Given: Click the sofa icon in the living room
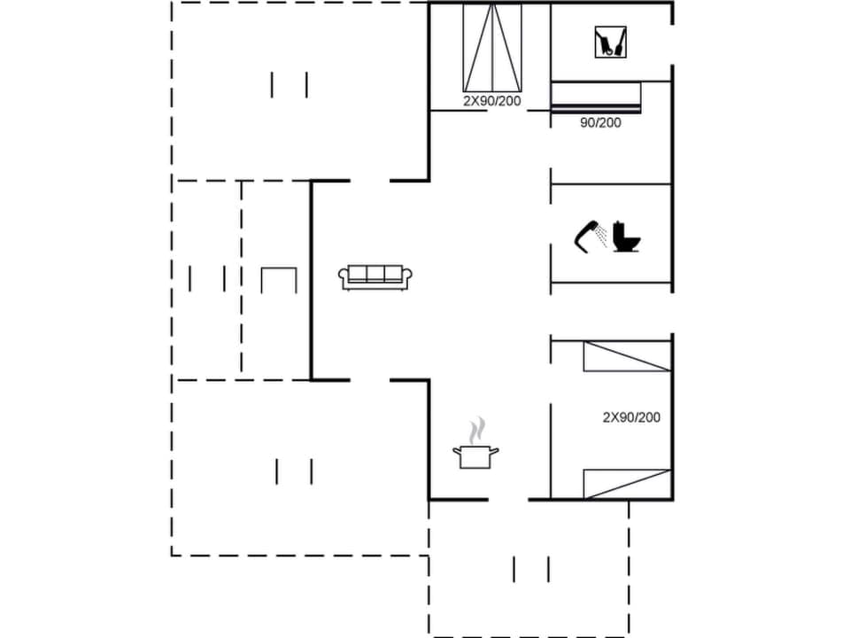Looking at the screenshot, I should [x=375, y=277].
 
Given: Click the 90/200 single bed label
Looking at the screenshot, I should [x=600, y=123].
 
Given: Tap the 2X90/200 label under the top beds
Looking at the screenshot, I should [x=491, y=101].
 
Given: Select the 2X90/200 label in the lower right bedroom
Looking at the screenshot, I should [x=631, y=416].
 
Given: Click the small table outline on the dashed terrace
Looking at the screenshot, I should [x=279, y=279].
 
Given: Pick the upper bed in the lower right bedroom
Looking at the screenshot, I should [x=626, y=356].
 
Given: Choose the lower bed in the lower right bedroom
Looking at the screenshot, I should [x=626, y=484].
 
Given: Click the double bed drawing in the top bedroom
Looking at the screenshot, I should [x=492, y=47].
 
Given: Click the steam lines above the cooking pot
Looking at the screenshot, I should [x=477, y=430].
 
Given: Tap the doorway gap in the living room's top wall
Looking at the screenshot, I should [x=370, y=181].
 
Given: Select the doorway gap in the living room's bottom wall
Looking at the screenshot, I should [x=370, y=380].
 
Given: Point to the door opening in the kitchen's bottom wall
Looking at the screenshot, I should [x=508, y=500].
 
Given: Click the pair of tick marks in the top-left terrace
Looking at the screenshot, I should [x=290, y=85].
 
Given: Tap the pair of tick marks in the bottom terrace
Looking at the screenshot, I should [x=531, y=569].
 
